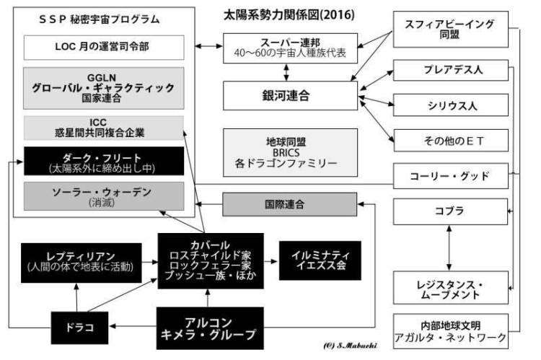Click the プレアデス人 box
(x=449, y=74)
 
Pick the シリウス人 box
(x=449, y=107)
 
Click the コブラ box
(x=449, y=212)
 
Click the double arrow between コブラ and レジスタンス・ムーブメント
(x=449, y=249)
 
